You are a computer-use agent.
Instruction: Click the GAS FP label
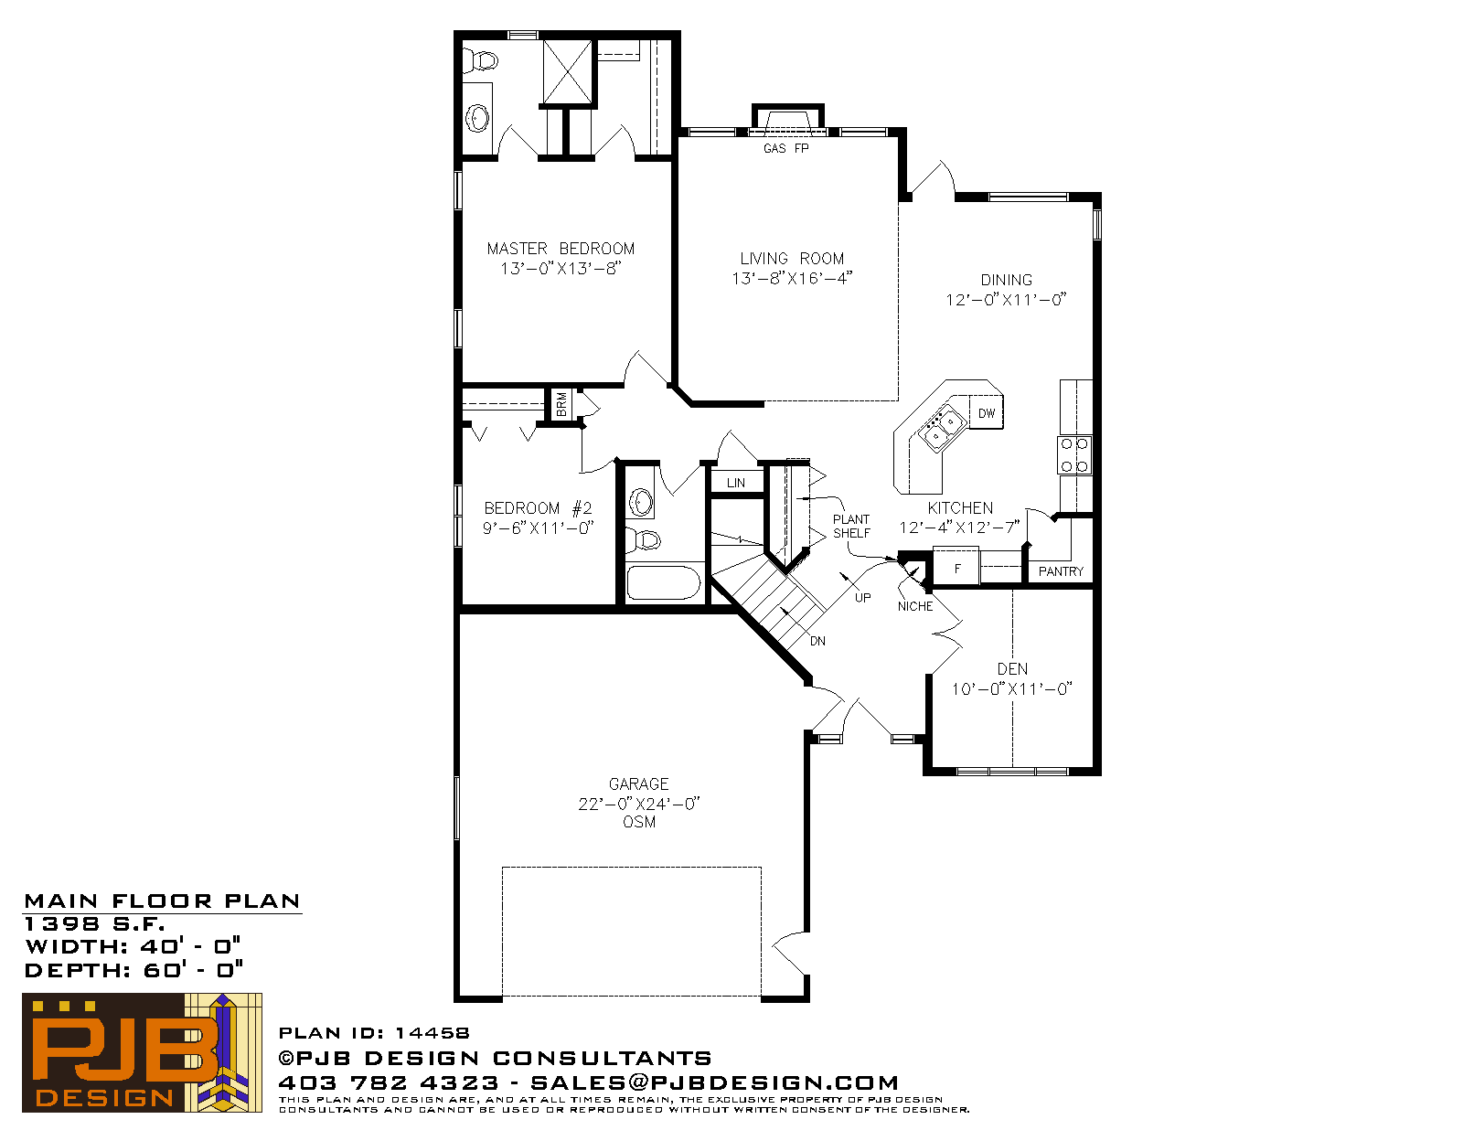coord(785,148)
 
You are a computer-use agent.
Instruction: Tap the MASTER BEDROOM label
coord(561,249)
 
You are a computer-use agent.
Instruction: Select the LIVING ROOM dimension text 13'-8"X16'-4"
coord(792,278)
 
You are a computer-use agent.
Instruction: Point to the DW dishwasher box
coord(987,412)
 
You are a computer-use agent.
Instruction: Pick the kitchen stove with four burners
coord(1074,455)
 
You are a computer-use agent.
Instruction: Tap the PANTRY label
coord(1061,571)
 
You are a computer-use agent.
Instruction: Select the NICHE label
coord(915,606)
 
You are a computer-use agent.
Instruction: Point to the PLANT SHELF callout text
coord(851,527)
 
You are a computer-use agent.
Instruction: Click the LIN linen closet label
coord(736,483)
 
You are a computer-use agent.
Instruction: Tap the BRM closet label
coord(561,404)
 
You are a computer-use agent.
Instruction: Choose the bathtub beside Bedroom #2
coord(664,582)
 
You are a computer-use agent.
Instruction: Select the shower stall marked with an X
coord(568,72)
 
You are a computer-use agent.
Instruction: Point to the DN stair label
coord(817,642)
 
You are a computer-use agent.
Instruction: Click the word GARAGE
coord(638,784)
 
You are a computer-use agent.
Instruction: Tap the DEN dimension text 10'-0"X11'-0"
coord(1011,689)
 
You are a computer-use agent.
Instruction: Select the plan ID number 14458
coord(432,1033)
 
